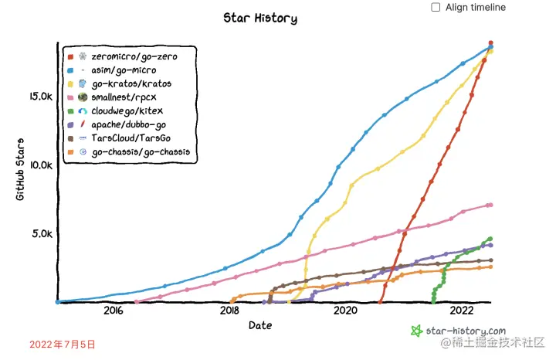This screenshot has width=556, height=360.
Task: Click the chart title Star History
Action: [259, 18]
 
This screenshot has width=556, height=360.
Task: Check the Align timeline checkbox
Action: [436, 7]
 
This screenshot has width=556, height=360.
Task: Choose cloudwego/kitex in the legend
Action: [127, 110]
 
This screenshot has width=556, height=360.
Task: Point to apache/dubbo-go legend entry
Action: [128, 124]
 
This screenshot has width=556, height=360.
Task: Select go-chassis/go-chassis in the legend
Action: [140, 152]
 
